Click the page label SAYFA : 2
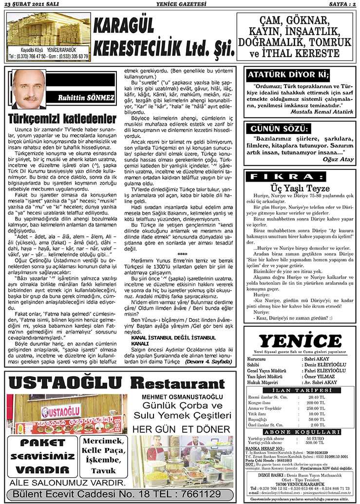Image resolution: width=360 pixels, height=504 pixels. [x=339, y=4]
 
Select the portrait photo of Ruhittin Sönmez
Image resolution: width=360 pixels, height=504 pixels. [x=30, y=89]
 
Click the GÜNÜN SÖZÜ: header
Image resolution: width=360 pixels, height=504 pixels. [x=279, y=130]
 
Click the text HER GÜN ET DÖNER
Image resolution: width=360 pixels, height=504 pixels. [x=181, y=429]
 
